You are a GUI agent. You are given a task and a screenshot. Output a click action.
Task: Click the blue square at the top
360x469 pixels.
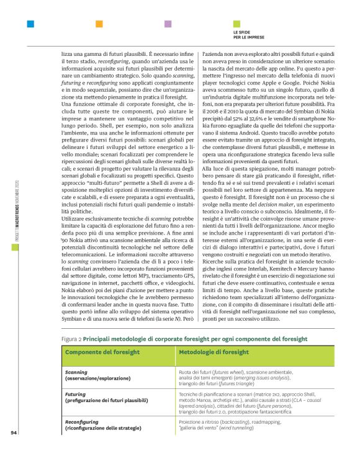click(x=30, y=24)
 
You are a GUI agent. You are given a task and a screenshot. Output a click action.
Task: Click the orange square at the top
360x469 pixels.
click(x=99, y=24)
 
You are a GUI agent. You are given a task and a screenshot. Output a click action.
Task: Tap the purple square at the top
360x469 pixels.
click(x=168, y=24)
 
